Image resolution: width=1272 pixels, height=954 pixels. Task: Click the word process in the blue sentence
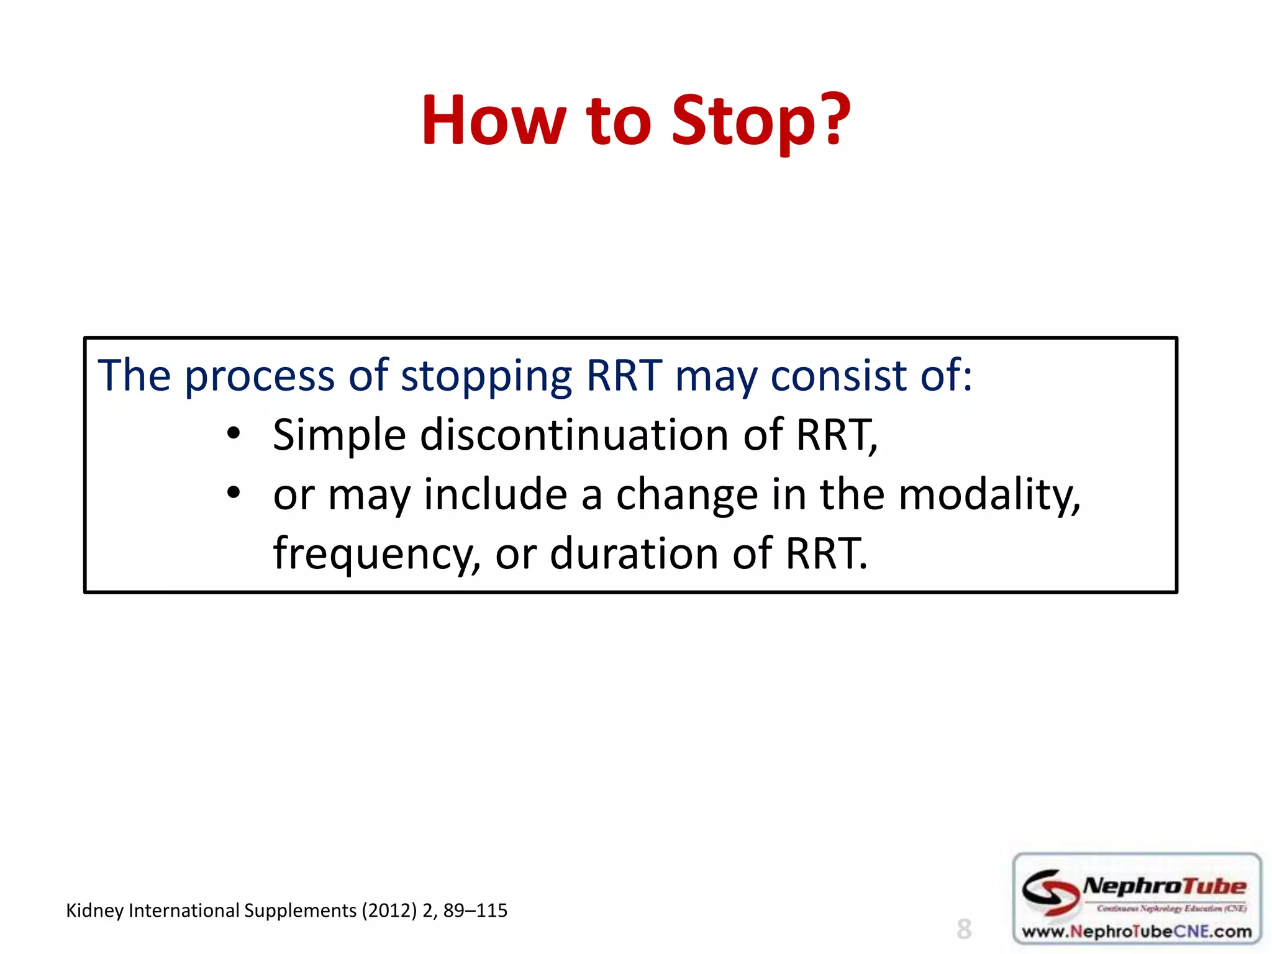pos(260,376)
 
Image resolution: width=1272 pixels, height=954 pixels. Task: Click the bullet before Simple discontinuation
pos(233,434)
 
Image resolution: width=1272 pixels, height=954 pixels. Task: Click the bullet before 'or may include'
pos(233,494)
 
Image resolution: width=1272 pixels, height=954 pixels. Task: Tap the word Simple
pos(339,435)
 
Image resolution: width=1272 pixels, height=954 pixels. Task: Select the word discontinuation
pos(575,435)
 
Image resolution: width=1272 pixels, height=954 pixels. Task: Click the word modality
pos(989,495)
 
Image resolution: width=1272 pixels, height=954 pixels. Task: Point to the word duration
pos(634,554)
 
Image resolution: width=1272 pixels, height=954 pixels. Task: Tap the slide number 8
pos(963,929)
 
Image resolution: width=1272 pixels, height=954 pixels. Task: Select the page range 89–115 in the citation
pos(475,911)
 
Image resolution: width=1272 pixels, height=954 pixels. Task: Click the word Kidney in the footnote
pos(94,911)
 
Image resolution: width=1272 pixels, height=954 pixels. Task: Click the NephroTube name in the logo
pos(1164,886)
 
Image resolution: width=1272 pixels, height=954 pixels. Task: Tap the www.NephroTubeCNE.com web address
pos(1137,932)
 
